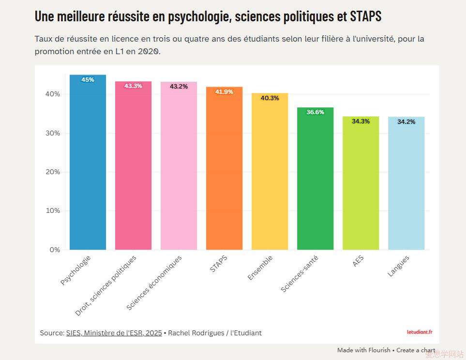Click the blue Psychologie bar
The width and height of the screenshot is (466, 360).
[88, 165]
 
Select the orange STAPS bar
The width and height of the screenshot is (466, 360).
[224, 169]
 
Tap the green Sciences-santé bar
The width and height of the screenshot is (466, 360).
[315, 179]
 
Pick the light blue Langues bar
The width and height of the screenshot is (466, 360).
[406, 184]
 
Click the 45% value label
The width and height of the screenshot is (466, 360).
[88, 80]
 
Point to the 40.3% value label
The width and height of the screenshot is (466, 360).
[270, 98]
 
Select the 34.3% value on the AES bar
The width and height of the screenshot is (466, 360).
[361, 121]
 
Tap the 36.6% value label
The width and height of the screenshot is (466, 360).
[315, 112]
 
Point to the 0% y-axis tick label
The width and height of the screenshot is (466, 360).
[54, 250]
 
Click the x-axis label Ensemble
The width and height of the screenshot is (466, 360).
[260, 268]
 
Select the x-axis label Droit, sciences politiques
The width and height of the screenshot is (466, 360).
[106, 285]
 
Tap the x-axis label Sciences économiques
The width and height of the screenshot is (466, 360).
[154, 283]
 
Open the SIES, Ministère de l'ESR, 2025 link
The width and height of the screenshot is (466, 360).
[114, 333]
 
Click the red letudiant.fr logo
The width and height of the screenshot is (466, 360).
[419, 332]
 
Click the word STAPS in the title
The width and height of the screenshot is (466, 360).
[365, 16]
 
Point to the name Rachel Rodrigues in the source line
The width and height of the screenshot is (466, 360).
[196, 333]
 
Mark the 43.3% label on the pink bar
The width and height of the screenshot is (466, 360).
[133, 86]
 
